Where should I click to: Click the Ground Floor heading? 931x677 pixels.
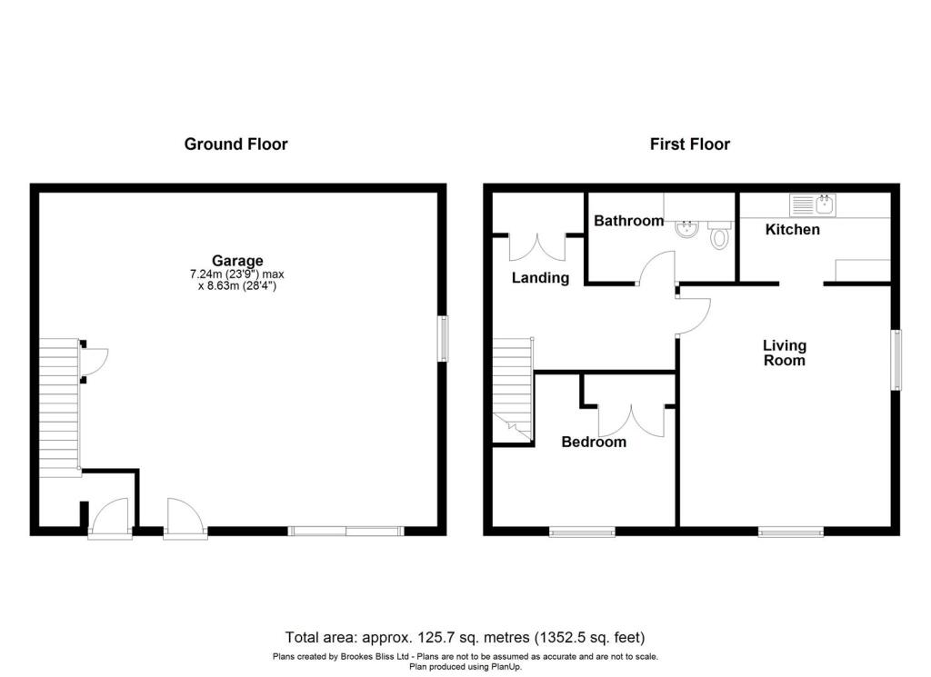tap(235, 144)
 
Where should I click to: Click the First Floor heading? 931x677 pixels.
tap(689, 144)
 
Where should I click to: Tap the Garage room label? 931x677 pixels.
tap(238, 261)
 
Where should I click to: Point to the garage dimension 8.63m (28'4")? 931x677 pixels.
tap(237, 286)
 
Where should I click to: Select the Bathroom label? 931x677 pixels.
tap(628, 221)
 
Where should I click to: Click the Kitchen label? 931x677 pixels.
tap(792, 230)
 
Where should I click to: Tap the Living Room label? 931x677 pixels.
tap(784, 353)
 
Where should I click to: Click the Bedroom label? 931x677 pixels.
tap(593, 443)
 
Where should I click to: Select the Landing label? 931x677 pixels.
tap(539, 278)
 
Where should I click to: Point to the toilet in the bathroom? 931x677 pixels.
tap(720, 237)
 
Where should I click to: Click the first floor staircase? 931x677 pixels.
tap(512, 386)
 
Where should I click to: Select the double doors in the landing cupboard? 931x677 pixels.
tap(537, 247)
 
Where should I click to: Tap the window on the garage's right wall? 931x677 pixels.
tap(443, 339)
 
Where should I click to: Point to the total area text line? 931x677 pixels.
tap(465, 637)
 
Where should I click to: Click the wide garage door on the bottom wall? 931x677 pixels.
tap(345, 532)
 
